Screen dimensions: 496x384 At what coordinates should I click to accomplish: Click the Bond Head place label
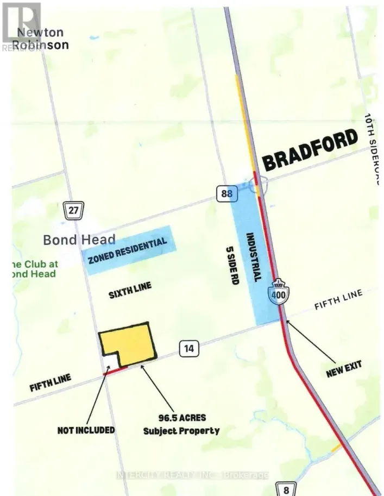point(79,239)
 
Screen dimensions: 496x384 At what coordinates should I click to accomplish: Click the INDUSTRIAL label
point(259,257)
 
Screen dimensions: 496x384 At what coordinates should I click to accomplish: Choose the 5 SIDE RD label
point(232,265)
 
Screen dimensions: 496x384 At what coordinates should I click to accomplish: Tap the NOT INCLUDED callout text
point(86,430)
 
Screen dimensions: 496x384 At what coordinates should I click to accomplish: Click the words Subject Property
point(181,431)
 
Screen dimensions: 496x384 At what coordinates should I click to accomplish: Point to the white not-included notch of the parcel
point(110,360)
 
